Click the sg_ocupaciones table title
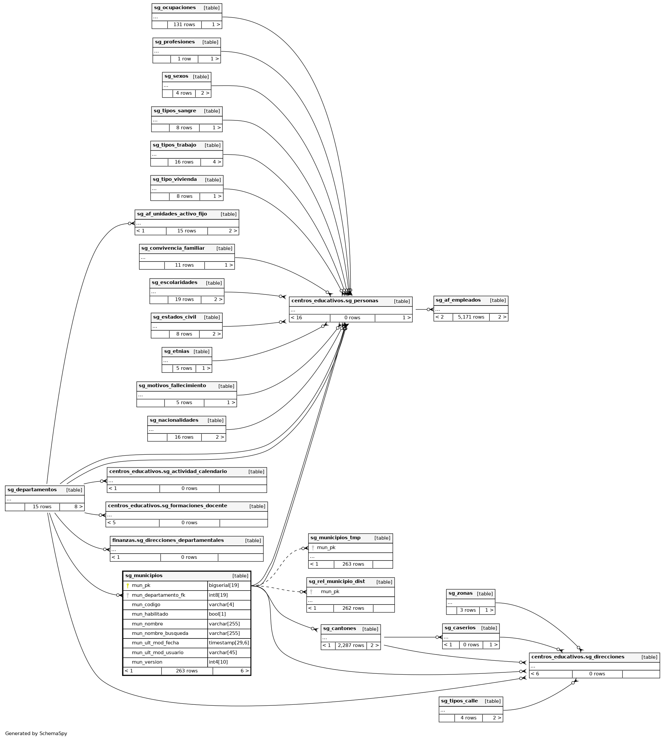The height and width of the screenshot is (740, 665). click(x=175, y=8)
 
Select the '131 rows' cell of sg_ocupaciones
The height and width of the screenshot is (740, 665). click(x=184, y=24)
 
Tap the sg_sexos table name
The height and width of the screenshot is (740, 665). click(x=176, y=76)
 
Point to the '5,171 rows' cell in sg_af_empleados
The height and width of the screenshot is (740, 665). click(x=471, y=317)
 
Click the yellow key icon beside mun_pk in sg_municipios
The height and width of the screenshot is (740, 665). click(x=128, y=585)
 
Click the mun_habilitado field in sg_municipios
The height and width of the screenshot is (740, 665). click(x=150, y=614)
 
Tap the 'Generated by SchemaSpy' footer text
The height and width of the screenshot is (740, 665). click(x=36, y=733)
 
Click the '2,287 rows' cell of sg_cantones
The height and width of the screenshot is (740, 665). click(x=351, y=645)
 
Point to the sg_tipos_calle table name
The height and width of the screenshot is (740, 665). click(x=459, y=701)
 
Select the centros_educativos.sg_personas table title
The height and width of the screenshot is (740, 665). click(x=334, y=301)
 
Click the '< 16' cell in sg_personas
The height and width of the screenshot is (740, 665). click(x=296, y=317)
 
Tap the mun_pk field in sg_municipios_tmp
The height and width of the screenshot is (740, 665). click(x=326, y=547)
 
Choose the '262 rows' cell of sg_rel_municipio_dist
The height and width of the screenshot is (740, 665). click(x=353, y=608)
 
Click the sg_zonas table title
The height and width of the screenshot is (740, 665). click(x=460, y=593)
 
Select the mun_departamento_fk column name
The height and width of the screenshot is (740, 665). click(x=158, y=595)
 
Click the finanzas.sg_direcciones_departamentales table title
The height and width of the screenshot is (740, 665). click(x=168, y=540)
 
